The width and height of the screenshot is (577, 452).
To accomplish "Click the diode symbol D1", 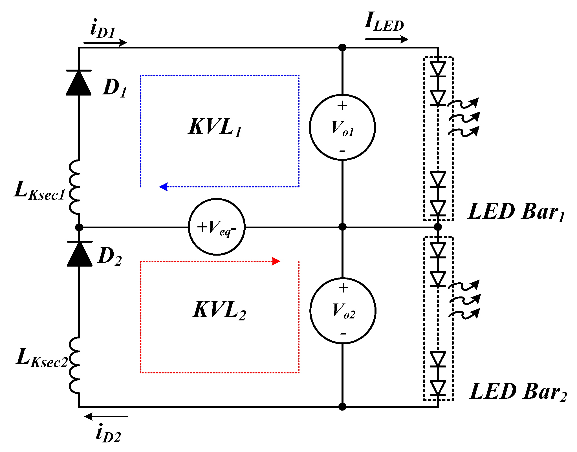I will coord(79,83).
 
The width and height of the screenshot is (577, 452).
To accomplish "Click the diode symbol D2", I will coord(80,254).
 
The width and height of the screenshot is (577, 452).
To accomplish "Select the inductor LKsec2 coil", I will coord(75,365).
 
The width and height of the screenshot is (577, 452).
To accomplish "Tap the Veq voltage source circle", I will coord(217,227).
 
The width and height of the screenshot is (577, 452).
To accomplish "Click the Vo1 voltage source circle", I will coord(342,127).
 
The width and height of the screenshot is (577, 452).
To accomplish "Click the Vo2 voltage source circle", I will coord(343,311).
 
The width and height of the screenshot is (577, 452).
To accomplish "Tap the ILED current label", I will coord(384,22).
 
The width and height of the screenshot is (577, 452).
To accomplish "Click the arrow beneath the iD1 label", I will coord(105,43).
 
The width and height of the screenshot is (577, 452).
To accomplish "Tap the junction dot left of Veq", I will coord(79,227).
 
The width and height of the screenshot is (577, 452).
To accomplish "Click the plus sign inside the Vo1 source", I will coord(342,106).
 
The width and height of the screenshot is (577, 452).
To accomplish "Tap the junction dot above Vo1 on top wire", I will coord(342,47).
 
